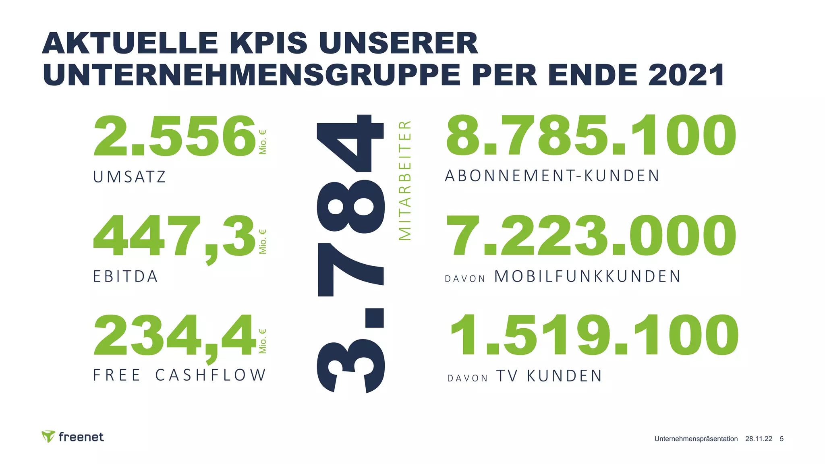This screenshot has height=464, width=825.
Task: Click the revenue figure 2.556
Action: pyautogui.click(x=174, y=136)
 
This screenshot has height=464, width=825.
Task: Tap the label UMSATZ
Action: pyautogui.click(x=129, y=177)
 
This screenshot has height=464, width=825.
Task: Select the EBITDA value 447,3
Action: pyautogui.click(x=174, y=237)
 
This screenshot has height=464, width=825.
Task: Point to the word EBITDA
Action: pyautogui.click(x=125, y=277)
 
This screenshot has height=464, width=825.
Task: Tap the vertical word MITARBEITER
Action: pyautogui.click(x=404, y=180)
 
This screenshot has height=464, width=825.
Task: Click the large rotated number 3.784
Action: pyautogui.click(x=350, y=254)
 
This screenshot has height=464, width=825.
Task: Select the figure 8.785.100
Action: pyautogui.click(x=591, y=135)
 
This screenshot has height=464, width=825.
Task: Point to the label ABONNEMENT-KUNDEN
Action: pyautogui.click(x=552, y=176)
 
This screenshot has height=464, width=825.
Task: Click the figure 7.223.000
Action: pyautogui.click(x=591, y=236)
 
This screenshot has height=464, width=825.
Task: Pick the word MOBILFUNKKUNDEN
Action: pyautogui.click(x=587, y=277)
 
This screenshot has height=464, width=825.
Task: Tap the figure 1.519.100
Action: pyautogui.click(x=594, y=336)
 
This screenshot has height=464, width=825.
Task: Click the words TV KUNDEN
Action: pyautogui.click(x=549, y=376)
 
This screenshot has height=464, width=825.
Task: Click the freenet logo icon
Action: pyautogui.click(x=48, y=436)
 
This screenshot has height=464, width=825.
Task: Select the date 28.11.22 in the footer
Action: pyautogui.click(x=759, y=439)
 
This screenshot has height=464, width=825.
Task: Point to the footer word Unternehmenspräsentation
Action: pyautogui.click(x=696, y=439)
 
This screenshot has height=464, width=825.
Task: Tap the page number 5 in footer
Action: pyautogui.click(x=781, y=439)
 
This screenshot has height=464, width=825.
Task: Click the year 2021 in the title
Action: pyautogui.click(x=686, y=75)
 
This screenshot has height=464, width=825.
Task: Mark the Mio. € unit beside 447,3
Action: pyautogui.click(x=263, y=242)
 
